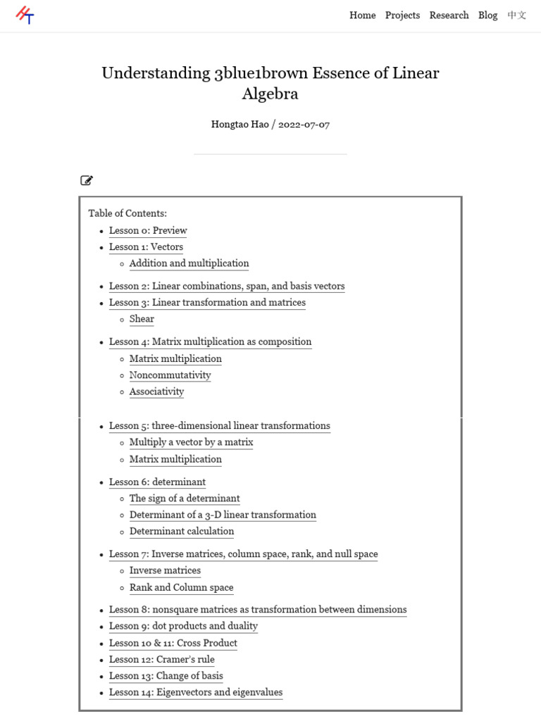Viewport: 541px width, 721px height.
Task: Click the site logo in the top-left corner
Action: (x=25, y=15)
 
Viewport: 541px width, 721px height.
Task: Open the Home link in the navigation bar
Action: (x=362, y=15)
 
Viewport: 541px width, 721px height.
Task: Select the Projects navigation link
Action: (x=402, y=15)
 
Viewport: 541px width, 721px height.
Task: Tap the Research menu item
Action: (x=449, y=15)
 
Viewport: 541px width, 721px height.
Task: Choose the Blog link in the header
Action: (x=487, y=15)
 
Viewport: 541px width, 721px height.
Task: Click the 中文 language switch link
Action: (x=516, y=15)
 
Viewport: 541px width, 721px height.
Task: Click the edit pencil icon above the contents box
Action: (x=87, y=180)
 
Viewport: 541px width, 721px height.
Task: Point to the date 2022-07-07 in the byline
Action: (x=304, y=125)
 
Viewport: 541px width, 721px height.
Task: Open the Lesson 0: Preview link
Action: (x=148, y=230)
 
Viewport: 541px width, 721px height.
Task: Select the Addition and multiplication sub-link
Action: (x=189, y=263)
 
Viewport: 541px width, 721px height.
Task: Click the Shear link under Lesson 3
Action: (x=142, y=319)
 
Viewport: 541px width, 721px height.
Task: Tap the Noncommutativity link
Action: (x=170, y=375)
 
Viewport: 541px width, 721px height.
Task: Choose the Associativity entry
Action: (x=156, y=391)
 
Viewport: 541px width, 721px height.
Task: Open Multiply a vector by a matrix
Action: (x=191, y=442)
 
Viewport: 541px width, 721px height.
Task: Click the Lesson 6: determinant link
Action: (x=157, y=482)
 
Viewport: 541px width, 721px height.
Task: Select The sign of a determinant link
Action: (x=185, y=499)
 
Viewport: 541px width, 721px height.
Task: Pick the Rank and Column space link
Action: (x=181, y=587)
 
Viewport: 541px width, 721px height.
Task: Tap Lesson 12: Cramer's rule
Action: (x=161, y=660)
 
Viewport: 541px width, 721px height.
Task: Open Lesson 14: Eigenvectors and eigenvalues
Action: (x=195, y=693)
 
